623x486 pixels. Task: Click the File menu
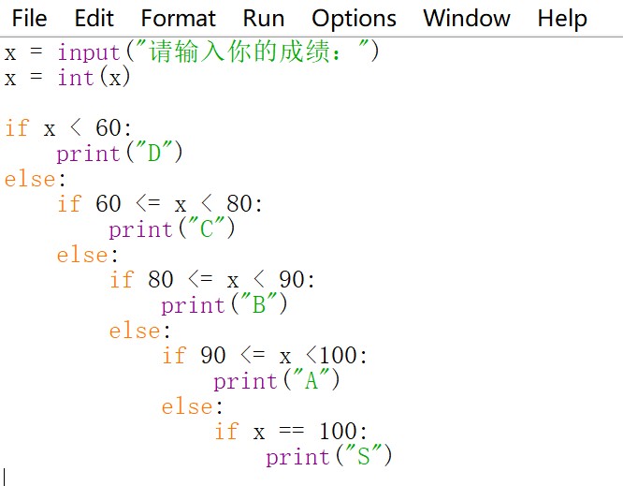tap(29, 19)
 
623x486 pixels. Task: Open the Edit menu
tap(94, 19)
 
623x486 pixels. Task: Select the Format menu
tap(179, 19)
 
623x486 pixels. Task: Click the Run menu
tap(264, 19)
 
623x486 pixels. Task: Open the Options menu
tap(354, 19)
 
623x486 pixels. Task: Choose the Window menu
tap(467, 19)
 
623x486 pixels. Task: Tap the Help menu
tap(562, 19)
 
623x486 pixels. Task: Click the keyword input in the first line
tap(89, 53)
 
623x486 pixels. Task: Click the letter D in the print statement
tap(154, 153)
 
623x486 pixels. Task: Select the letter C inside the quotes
tap(207, 228)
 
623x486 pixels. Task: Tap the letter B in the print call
tap(259, 304)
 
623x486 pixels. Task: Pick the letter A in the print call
tap(311, 380)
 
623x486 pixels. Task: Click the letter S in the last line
tap(364, 456)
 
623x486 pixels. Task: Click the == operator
tap(292, 430)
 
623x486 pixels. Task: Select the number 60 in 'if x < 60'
tap(109, 127)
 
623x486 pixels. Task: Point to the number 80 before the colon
tap(239, 203)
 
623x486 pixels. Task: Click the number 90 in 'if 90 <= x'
tap(213, 355)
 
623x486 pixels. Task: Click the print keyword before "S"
tap(298, 458)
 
